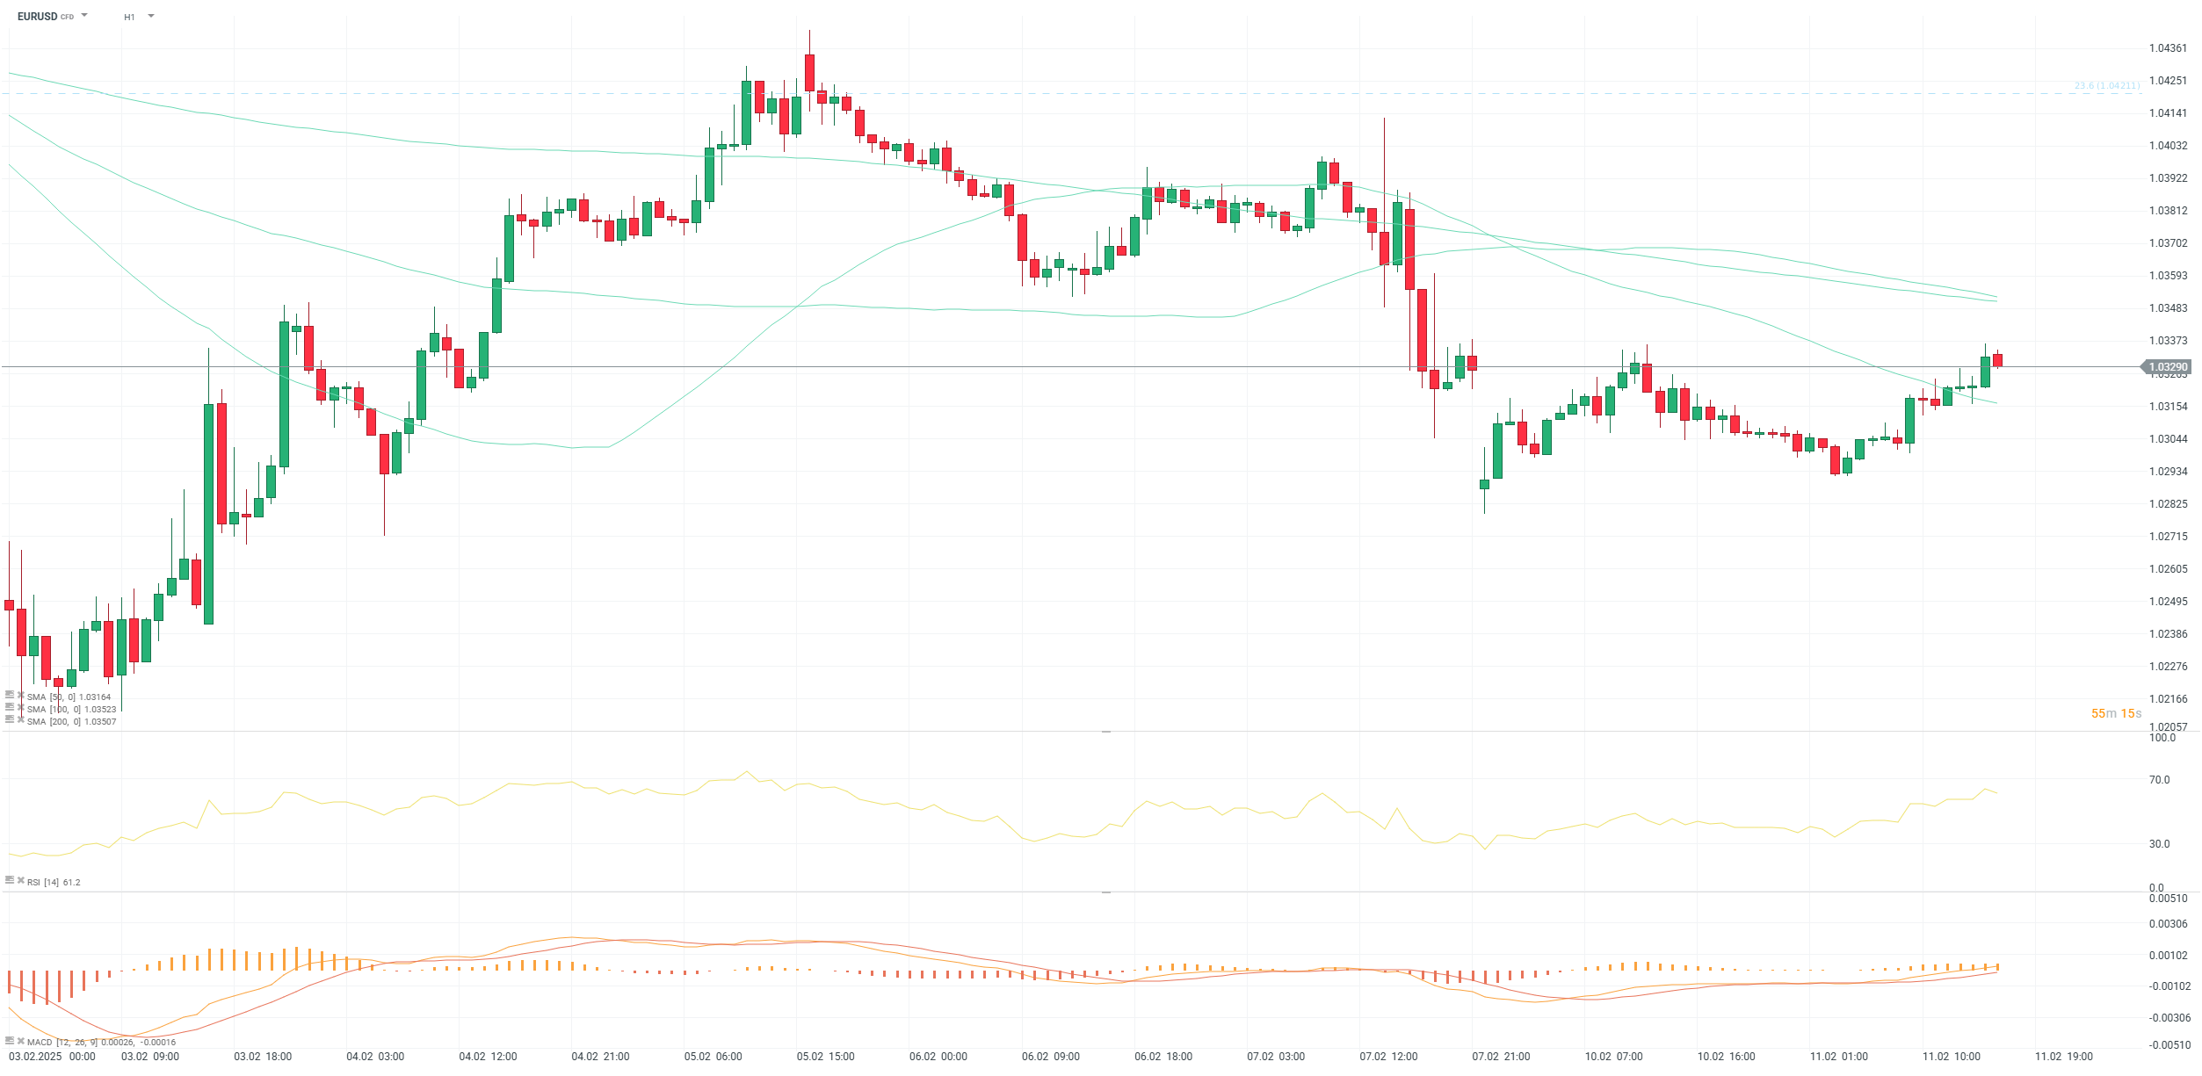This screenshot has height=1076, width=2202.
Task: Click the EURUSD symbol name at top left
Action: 37,17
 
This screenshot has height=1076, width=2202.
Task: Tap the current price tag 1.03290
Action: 2168,367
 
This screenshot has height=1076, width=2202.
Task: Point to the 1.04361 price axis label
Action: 2168,48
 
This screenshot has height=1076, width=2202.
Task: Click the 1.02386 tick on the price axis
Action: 2168,634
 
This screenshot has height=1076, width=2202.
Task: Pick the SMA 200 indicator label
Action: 71,722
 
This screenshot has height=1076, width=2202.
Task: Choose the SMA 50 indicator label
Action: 69,697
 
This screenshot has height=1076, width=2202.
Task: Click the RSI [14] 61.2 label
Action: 53,883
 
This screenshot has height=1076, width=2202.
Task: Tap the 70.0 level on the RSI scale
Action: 2159,780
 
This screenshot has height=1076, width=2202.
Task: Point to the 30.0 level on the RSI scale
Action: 2159,844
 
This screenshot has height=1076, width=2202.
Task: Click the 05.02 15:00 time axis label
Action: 825,1057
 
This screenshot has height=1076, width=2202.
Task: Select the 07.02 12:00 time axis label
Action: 1388,1057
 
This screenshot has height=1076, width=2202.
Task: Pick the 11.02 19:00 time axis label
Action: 2064,1057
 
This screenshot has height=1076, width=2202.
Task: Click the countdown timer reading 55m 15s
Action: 2116,714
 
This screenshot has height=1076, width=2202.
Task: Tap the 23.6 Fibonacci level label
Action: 2106,86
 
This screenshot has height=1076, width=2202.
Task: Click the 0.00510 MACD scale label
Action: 2168,899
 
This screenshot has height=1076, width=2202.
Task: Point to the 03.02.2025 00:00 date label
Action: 52,1057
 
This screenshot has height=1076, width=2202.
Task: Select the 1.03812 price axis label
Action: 2168,211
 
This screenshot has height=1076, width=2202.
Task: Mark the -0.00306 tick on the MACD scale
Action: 2169,1018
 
